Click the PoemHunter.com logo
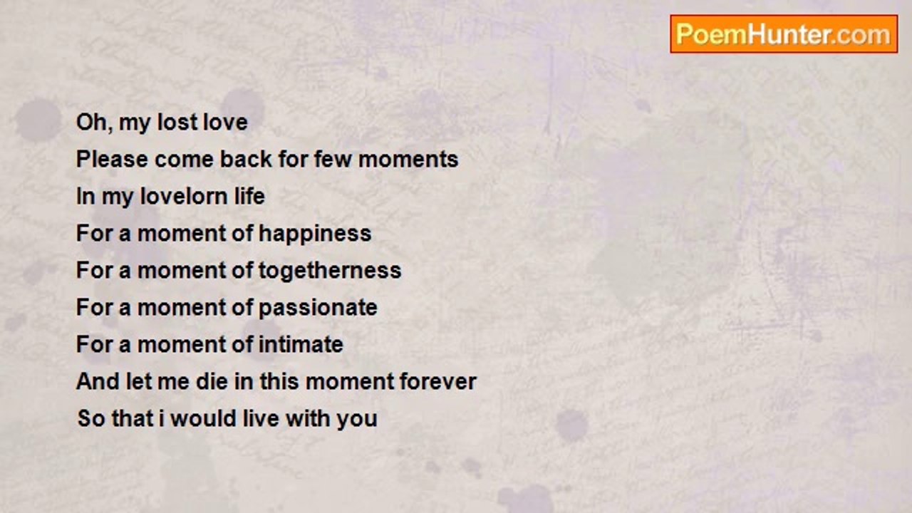click(x=784, y=34)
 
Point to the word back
click(x=246, y=159)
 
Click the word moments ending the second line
click(x=408, y=159)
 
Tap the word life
click(x=249, y=196)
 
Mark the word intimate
click(x=301, y=344)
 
